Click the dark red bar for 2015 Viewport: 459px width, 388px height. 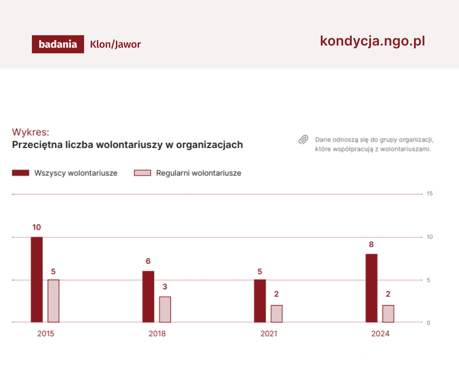point(37,280)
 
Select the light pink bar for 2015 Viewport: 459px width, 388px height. point(53,301)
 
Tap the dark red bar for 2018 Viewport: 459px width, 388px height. point(148,297)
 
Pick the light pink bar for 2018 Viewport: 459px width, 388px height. point(165,309)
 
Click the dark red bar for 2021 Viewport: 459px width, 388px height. point(260,301)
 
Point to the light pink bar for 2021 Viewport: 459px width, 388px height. point(276,314)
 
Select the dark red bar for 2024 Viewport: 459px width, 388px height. point(371,288)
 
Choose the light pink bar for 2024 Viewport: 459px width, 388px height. point(388,314)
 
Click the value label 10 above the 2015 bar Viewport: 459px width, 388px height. point(37,227)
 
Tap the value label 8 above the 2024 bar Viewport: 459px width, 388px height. point(371,245)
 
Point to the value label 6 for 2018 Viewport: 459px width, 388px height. point(148,261)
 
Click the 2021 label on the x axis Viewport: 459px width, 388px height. point(269,334)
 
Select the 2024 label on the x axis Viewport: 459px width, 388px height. point(380,334)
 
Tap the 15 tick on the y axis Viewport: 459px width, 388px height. point(429,194)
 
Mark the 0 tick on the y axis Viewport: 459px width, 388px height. point(428,322)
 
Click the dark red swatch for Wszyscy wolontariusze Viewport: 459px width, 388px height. point(21,173)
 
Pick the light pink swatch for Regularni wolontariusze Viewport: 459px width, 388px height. point(142,173)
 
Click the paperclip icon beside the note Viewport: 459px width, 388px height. point(303,140)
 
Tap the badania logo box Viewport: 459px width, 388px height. point(58,44)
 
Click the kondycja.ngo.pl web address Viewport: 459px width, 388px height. point(372,41)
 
